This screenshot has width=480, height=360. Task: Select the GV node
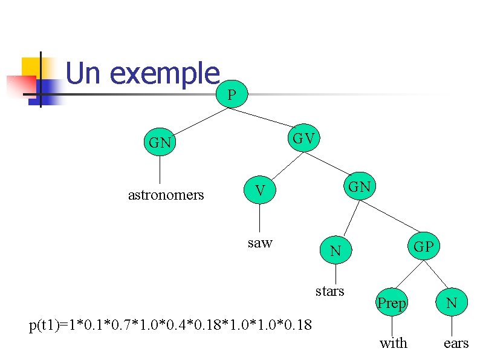[x=303, y=139]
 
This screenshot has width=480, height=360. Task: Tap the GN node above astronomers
[x=160, y=143]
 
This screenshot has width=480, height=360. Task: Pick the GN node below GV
[x=359, y=187]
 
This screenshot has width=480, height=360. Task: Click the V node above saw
[x=259, y=191]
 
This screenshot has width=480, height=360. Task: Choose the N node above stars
[x=336, y=250]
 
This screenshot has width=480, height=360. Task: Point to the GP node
[x=423, y=246]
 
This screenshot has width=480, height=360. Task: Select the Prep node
[x=391, y=303]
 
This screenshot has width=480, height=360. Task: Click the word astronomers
[x=166, y=195]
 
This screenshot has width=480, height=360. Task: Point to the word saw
[x=260, y=243]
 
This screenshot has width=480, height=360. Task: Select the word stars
[x=329, y=291]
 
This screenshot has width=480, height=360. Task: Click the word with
[x=393, y=343]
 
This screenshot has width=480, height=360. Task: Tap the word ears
[x=456, y=343]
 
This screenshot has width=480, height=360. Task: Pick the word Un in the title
[x=85, y=73]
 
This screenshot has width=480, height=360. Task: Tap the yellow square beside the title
[x=31, y=66]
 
